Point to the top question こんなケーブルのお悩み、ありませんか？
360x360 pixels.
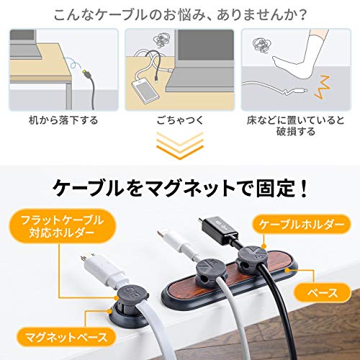pyautogui.click(x=180, y=14)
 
